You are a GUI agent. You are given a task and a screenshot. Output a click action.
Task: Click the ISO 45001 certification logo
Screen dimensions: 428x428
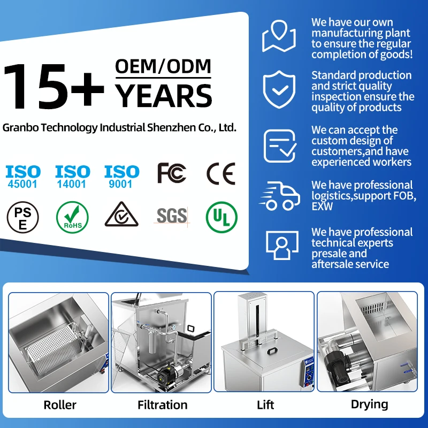(x=23, y=176)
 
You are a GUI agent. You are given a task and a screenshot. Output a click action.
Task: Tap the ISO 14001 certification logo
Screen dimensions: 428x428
(x=72, y=176)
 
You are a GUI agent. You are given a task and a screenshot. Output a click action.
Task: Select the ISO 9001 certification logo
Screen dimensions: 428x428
(x=121, y=176)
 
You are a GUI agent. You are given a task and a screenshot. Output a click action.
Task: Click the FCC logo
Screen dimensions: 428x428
(x=171, y=174)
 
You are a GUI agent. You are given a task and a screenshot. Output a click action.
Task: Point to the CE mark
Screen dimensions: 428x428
(x=221, y=174)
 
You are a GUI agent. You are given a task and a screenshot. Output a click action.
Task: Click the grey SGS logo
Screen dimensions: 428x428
(x=171, y=216)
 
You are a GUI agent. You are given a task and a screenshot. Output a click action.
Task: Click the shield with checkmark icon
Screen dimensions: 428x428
(x=279, y=91)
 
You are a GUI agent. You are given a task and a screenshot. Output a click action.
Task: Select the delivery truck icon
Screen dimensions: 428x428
(x=278, y=196)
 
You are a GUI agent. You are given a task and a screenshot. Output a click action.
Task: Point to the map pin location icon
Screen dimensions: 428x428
(x=279, y=36)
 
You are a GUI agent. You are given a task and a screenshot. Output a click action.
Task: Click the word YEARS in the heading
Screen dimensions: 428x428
(x=164, y=96)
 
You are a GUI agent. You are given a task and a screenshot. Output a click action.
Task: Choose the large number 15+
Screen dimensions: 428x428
(x=53, y=86)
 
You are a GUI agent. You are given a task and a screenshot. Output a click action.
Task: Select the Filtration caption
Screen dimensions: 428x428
(x=163, y=405)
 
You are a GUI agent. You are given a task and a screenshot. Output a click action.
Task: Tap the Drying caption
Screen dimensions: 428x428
(x=369, y=404)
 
